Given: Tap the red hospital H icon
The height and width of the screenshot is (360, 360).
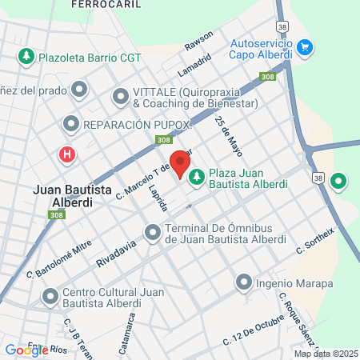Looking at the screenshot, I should pos(67,154).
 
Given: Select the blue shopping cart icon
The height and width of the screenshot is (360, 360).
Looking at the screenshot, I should pos(304,49).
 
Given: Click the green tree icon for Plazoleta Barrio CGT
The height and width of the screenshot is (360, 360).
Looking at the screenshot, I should pos(27,57).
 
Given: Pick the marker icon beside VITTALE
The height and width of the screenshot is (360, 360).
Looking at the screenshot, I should pos(121,98).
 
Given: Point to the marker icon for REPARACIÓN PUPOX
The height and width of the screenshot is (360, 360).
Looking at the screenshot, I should pos(71,125).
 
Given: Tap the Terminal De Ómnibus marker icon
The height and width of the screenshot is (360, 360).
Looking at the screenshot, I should pos(152,233).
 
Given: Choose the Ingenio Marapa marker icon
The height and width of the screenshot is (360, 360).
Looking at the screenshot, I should pos(244,282).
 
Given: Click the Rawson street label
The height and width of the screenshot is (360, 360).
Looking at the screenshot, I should pos(198,39).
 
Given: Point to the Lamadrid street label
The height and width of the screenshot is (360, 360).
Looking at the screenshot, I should pos(194,63).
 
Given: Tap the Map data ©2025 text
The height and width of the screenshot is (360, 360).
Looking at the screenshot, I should pos(324,354).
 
